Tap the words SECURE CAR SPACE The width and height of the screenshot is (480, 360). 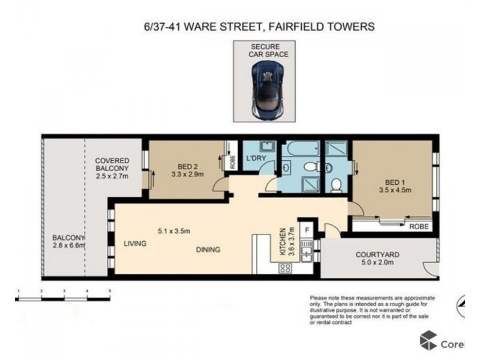[x=268, y=50]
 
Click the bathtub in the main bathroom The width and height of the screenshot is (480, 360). [x=301, y=148]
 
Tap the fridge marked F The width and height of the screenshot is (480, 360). [x=306, y=229]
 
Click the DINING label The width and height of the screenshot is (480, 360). [x=207, y=250]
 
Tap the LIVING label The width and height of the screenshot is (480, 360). [x=136, y=244]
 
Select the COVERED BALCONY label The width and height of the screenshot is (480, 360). [x=113, y=164]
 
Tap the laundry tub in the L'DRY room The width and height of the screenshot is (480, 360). [x=267, y=147]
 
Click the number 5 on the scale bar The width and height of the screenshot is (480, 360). [x=110, y=291]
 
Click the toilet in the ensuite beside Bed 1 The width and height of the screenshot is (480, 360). [x=337, y=184]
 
